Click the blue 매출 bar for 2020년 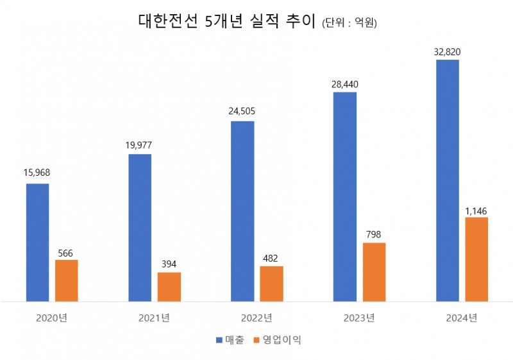click(37, 242)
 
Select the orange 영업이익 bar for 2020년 click(67, 280)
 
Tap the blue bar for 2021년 click(140, 227)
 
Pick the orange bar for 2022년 click(271, 284)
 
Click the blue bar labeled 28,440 click(345, 196)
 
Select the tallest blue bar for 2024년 click(448, 180)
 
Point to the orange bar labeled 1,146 click(476, 259)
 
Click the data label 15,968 click(37, 173)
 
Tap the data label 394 click(169, 263)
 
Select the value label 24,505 click(242, 110)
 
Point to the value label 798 click(374, 234)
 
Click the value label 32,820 click(448, 50)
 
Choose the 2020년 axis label click(51, 318)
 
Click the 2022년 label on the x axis click(256, 318)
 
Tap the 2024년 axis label click(462, 318)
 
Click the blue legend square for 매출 click(219, 340)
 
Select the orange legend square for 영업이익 click(258, 340)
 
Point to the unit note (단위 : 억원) click(349, 24)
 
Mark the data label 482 click(271, 257)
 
